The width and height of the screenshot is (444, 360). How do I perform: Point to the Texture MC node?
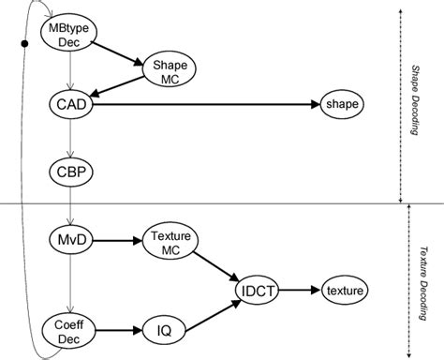pos(168,243)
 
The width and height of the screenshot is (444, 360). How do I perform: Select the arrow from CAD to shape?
pos(206,105)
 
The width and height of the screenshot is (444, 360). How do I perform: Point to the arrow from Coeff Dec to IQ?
pos(118,329)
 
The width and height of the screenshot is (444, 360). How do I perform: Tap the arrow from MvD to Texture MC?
pos(116,242)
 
